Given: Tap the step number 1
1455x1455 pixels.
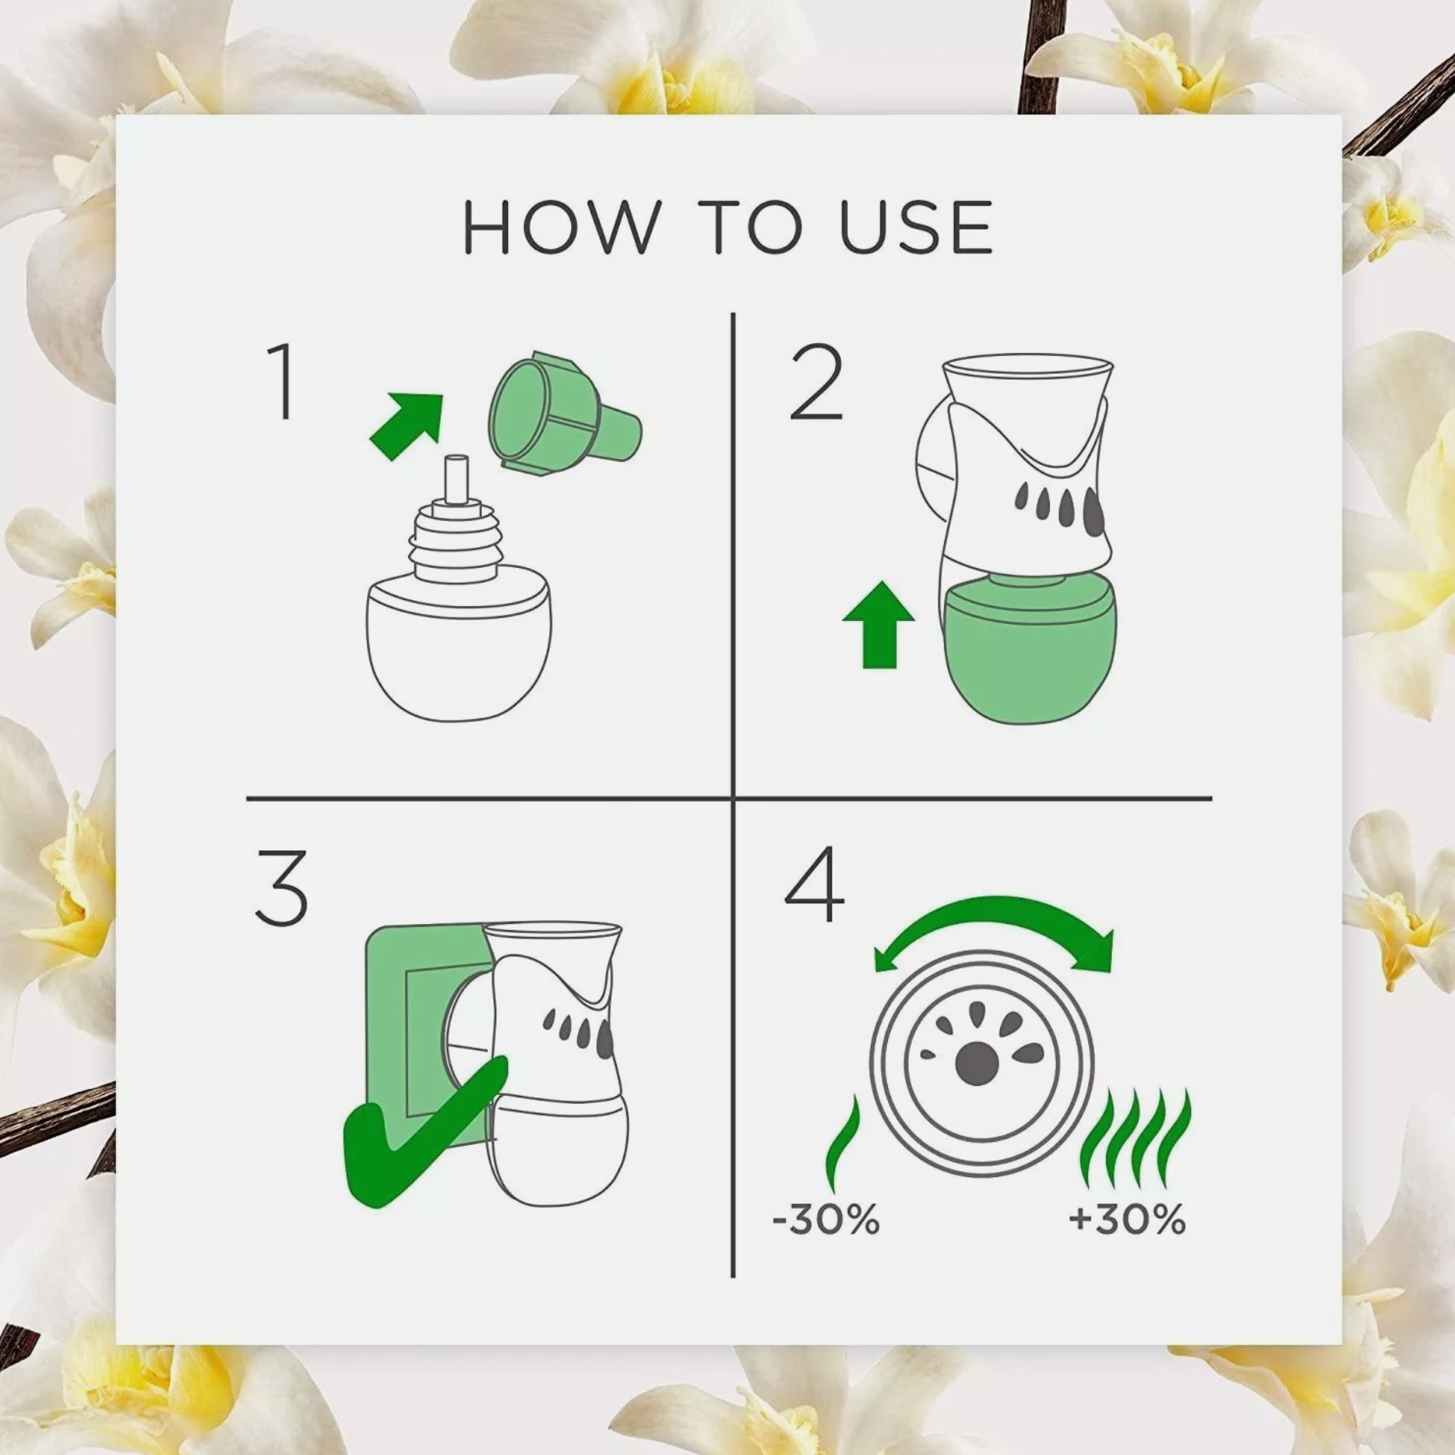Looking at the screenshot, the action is (282, 381).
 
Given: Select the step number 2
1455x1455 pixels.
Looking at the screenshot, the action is (817, 381).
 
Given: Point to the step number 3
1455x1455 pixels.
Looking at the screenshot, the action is (282, 888).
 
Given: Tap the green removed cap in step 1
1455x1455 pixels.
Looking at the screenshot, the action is (564, 414).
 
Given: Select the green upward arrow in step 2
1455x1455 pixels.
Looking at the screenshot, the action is (879, 624).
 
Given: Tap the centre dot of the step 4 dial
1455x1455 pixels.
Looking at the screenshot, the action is (977, 1063).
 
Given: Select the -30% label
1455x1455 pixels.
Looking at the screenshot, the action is (826, 1219).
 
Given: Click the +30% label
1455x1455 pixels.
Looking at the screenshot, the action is (1127, 1219).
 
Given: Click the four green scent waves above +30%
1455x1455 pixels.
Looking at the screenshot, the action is (1136, 1138).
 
